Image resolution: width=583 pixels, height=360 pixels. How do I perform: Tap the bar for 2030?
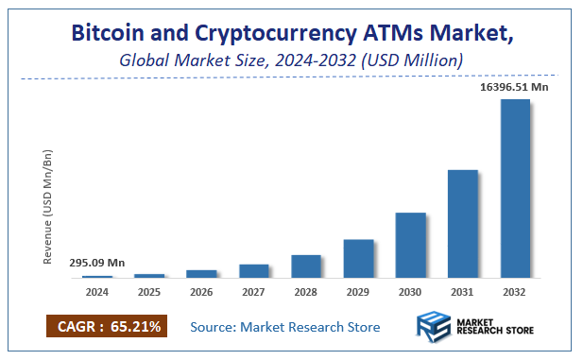[x=410, y=245]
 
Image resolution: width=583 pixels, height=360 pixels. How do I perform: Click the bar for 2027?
[x=254, y=270]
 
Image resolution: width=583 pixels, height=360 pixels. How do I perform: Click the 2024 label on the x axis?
[x=97, y=292]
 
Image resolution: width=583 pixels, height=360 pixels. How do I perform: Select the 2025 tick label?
[x=149, y=292]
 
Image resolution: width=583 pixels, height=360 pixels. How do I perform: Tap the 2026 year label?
[x=201, y=292]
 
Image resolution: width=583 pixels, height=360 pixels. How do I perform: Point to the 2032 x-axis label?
[x=514, y=292]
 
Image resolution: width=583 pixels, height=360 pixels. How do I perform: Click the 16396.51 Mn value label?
[x=513, y=87]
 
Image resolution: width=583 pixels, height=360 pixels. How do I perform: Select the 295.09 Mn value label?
[x=96, y=263]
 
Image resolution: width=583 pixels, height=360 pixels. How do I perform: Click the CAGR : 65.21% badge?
[x=106, y=327]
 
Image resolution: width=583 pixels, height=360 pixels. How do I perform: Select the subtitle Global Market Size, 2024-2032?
[x=290, y=60]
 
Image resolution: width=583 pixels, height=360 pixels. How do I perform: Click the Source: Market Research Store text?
[x=284, y=327]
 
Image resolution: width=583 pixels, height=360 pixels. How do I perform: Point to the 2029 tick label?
[x=358, y=292]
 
